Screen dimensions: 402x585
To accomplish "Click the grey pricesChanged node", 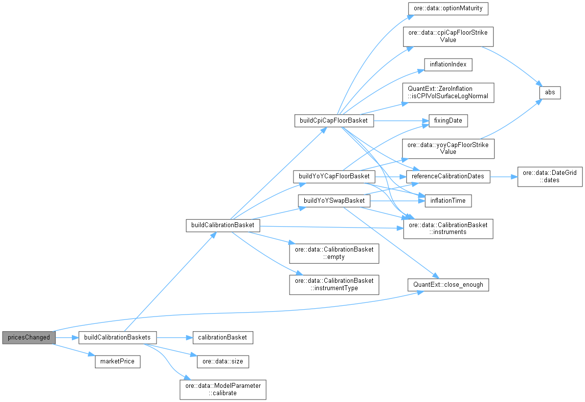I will pos(28,338).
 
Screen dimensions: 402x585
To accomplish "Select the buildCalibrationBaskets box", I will pos(118,338).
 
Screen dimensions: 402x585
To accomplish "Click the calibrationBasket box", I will pos(223,338).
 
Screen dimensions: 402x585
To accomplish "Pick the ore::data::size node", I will pos(223,362).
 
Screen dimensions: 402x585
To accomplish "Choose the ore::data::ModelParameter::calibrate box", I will pos(223,389).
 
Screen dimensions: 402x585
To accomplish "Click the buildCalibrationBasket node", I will pos(223,225).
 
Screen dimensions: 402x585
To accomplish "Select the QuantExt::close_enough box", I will pos(449,284).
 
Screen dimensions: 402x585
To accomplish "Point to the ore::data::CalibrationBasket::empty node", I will pos(334,253).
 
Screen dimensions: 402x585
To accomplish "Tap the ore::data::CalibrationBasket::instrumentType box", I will pos(334,284).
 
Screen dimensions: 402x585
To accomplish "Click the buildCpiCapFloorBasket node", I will pos(334,121).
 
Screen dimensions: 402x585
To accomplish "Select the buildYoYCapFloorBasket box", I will pos(334,176).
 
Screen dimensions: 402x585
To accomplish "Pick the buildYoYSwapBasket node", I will pos(334,201).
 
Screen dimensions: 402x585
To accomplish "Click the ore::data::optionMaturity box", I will pos(448,9).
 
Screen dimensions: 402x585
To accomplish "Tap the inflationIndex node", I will pos(448,64).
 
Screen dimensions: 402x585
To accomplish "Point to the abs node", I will pos(550,92).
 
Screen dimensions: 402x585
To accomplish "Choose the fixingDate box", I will pos(448,121).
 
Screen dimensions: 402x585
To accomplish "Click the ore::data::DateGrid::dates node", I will pos(550,176).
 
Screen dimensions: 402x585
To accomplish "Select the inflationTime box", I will pos(448,201).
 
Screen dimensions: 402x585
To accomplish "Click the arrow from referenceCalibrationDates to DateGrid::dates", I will pos(504,176).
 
